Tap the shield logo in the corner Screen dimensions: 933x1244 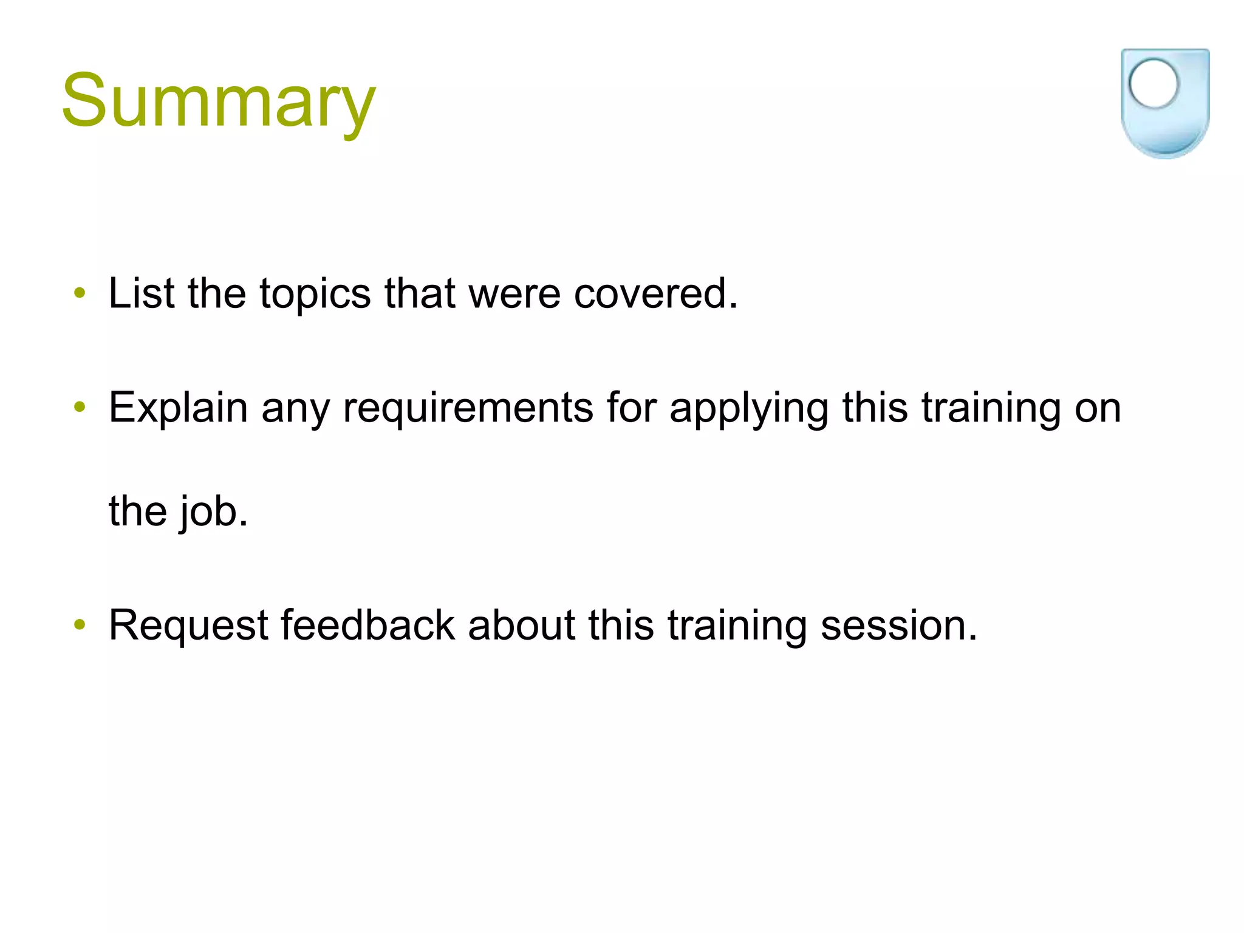[x=1164, y=103]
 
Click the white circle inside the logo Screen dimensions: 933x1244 [x=1153, y=84]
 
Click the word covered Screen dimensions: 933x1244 [x=655, y=293]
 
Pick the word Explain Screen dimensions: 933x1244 [x=178, y=408]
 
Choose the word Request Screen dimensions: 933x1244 [x=188, y=626]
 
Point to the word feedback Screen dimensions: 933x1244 [x=367, y=624]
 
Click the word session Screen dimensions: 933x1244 [x=898, y=626]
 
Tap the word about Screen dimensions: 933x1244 [x=521, y=624]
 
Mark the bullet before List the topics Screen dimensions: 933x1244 [x=80, y=294]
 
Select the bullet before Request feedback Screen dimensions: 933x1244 [x=80, y=624]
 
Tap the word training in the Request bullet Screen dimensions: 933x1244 [x=737, y=626]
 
